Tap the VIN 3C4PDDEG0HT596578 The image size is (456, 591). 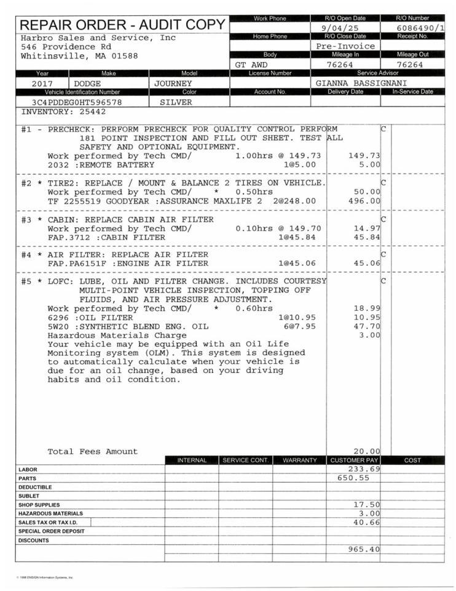(77, 102)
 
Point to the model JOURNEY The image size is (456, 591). (173, 83)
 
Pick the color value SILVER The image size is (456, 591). (176, 102)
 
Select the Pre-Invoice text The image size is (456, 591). (345, 46)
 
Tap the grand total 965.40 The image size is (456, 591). (364, 549)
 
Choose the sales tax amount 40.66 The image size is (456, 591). (367, 522)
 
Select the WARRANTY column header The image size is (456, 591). (299, 460)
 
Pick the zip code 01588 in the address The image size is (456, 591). (125, 55)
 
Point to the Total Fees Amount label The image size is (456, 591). (93, 451)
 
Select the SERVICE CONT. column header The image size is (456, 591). (245, 460)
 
